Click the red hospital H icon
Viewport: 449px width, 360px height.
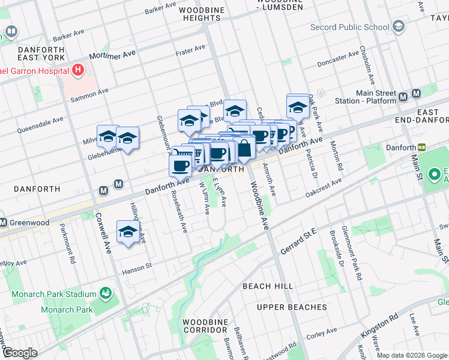(x=77, y=71)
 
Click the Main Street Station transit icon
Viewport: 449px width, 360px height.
(x=417, y=96)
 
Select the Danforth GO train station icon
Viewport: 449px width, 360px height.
(x=422, y=148)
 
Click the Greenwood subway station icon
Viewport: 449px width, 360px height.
(x=3, y=223)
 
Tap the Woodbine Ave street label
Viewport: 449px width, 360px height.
(x=262, y=211)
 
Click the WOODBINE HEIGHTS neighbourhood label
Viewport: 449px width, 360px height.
(x=200, y=14)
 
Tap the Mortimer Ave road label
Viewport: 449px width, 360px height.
(x=112, y=55)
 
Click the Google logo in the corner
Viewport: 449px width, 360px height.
(x=19, y=353)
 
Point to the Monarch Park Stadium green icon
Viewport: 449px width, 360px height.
(x=106, y=293)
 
